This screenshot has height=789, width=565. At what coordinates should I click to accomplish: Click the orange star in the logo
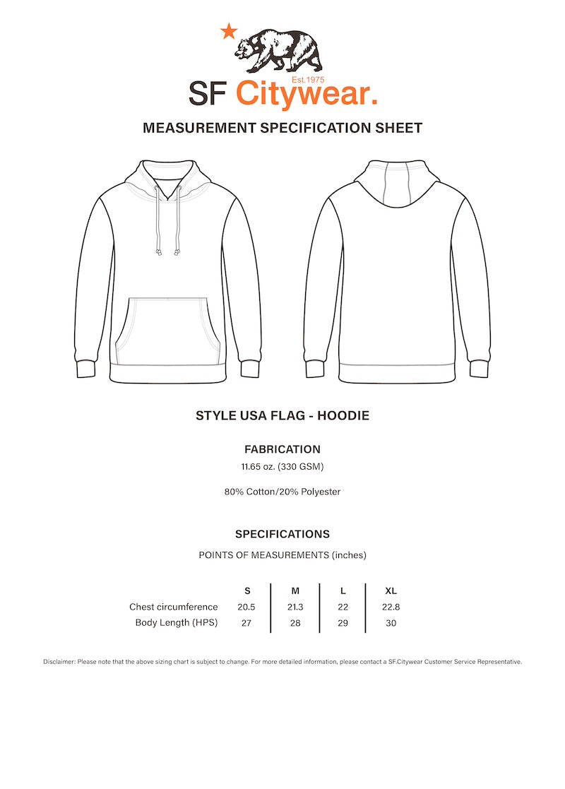[228, 31]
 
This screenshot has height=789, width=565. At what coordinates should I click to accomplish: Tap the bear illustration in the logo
[278, 50]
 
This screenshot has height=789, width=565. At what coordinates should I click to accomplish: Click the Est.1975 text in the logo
[308, 80]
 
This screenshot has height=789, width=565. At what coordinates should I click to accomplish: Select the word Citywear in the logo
[305, 94]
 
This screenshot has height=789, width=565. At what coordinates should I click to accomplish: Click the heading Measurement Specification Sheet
[282, 128]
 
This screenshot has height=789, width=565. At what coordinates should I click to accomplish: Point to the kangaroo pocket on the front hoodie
[168, 328]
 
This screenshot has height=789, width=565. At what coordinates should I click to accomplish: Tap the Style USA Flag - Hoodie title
[282, 416]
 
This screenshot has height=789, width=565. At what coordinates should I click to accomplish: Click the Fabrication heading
[282, 449]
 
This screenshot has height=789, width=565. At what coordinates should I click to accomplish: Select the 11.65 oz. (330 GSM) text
[282, 466]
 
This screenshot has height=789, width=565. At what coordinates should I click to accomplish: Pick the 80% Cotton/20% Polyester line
[282, 492]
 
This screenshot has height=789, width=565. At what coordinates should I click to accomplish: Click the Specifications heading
[282, 534]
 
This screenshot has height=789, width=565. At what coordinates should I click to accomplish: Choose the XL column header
[391, 591]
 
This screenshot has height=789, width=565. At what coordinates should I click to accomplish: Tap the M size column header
[296, 591]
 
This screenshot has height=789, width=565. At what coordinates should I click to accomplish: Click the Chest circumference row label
[174, 607]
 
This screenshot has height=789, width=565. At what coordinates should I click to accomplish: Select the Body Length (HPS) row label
[177, 622]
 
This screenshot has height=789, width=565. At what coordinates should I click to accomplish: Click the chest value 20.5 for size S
[246, 607]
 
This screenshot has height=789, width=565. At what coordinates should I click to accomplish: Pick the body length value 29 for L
[343, 622]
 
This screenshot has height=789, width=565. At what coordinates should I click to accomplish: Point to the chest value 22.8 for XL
[391, 607]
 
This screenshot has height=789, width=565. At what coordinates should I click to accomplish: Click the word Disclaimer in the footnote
[59, 662]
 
